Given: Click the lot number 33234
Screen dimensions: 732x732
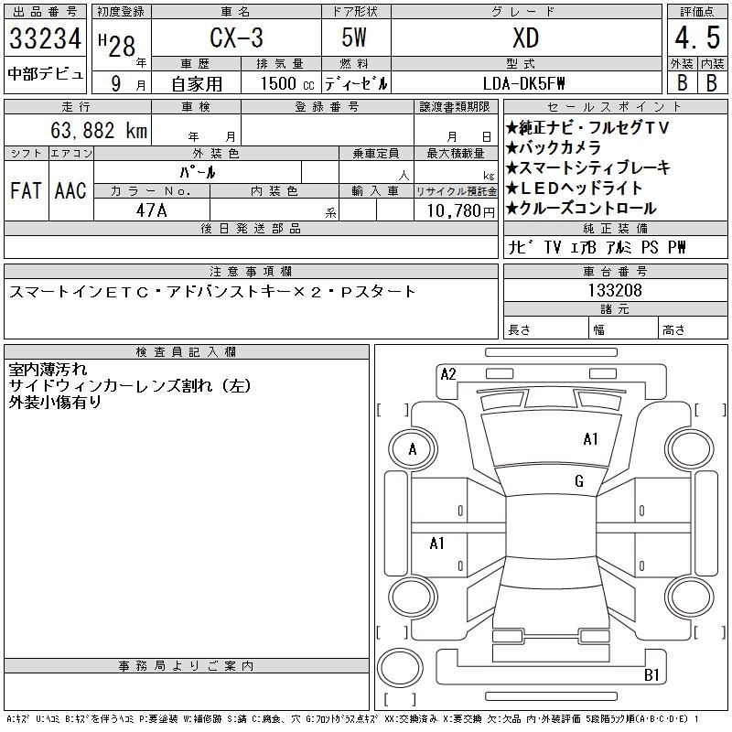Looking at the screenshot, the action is tap(45, 38).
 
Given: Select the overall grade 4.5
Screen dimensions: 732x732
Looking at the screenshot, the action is tap(697, 38).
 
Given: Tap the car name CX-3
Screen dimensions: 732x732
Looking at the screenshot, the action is tap(237, 38).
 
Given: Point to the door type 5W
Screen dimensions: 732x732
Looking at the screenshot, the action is tap(354, 38).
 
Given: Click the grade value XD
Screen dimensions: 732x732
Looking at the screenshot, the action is tap(526, 38).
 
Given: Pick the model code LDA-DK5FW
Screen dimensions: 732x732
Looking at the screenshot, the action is tap(523, 83).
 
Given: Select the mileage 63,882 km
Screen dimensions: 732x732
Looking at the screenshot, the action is tap(99, 130).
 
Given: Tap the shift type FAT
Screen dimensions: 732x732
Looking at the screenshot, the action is tap(27, 190).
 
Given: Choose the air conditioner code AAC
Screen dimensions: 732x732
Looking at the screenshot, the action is tap(70, 190).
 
